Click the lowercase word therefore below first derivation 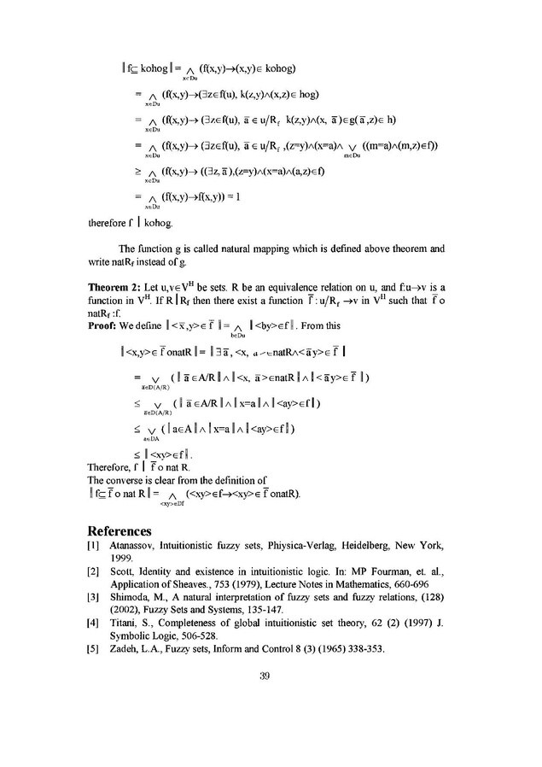109,225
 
